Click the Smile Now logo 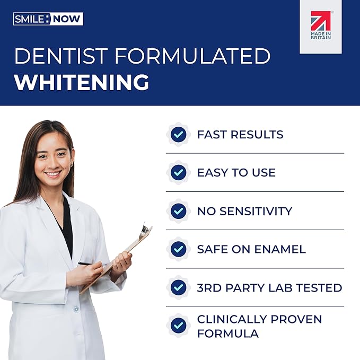[x=48, y=19]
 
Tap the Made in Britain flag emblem [x=321, y=25]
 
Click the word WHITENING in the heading [x=82, y=82]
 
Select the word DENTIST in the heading [x=61, y=56]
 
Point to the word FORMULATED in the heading [x=192, y=56]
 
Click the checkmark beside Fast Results [x=178, y=134]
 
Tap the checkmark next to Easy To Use [x=178, y=172]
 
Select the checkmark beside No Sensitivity [x=178, y=211]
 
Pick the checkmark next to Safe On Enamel [x=178, y=249]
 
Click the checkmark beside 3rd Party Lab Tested [x=178, y=287]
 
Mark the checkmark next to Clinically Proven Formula [x=178, y=326]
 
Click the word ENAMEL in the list [x=280, y=249]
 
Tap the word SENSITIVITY [x=256, y=211]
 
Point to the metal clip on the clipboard [x=146, y=229]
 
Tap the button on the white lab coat [x=76, y=309]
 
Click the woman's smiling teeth [x=53, y=174]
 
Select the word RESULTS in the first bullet [x=257, y=135]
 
